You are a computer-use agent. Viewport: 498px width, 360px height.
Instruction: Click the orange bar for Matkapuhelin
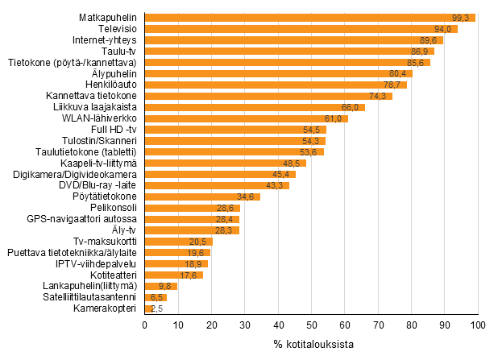pyautogui.click(x=309, y=18)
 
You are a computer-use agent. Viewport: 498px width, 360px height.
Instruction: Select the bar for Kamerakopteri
pyautogui.click(x=148, y=308)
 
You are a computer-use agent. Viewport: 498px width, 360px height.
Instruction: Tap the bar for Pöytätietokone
pyautogui.click(x=201, y=197)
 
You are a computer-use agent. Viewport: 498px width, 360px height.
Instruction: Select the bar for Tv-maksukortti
pyautogui.click(x=178, y=242)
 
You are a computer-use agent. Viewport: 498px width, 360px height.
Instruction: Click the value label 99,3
pyautogui.click(x=462, y=18)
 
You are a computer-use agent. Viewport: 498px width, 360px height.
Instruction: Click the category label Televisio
pyautogui.click(x=116, y=29)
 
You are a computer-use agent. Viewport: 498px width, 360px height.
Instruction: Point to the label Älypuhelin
pyautogui.click(x=114, y=73)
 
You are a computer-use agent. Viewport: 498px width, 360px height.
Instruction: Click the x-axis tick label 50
pyautogui.click(x=311, y=325)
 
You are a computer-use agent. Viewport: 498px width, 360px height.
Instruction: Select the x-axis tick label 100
pyautogui.click(x=478, y=325)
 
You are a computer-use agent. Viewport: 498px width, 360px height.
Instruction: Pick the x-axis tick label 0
pyautogui.click(x=144, y=325)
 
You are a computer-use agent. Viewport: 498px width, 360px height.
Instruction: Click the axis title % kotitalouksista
pyautogui.click(x=310, y=346)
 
